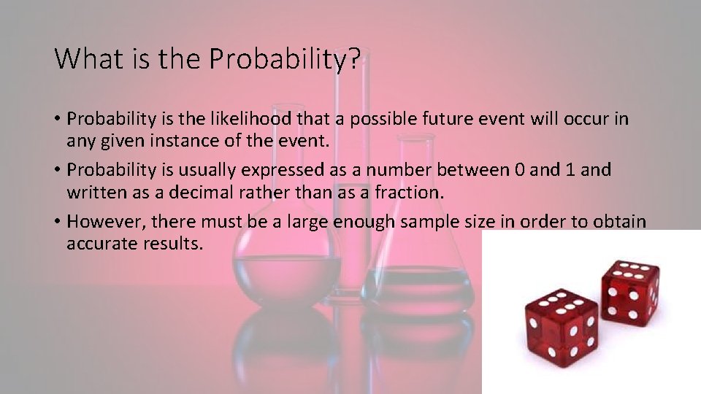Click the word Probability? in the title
point(285,59)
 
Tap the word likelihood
point(251,118)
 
